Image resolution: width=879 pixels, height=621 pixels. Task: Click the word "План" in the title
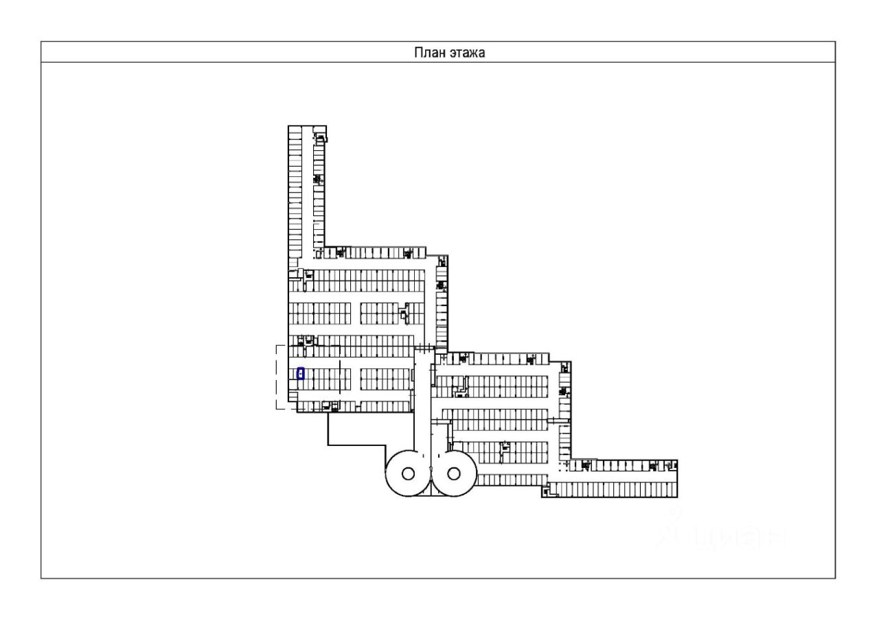pos(426,53)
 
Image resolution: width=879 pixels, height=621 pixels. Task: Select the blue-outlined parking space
pos(300,373)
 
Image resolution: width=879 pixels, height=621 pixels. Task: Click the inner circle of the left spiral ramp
pos(407,473)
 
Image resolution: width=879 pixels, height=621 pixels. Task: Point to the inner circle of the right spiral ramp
pos(453,473)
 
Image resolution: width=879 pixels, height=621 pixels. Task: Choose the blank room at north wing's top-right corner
pos(319,130)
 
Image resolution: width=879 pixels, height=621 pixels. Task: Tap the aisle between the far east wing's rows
pos(618,478)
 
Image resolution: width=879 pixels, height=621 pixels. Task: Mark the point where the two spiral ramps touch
pos(430,473)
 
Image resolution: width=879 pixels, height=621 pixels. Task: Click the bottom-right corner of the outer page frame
pos(836,578)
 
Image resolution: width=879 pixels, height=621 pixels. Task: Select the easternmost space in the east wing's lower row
pos(674,489)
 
